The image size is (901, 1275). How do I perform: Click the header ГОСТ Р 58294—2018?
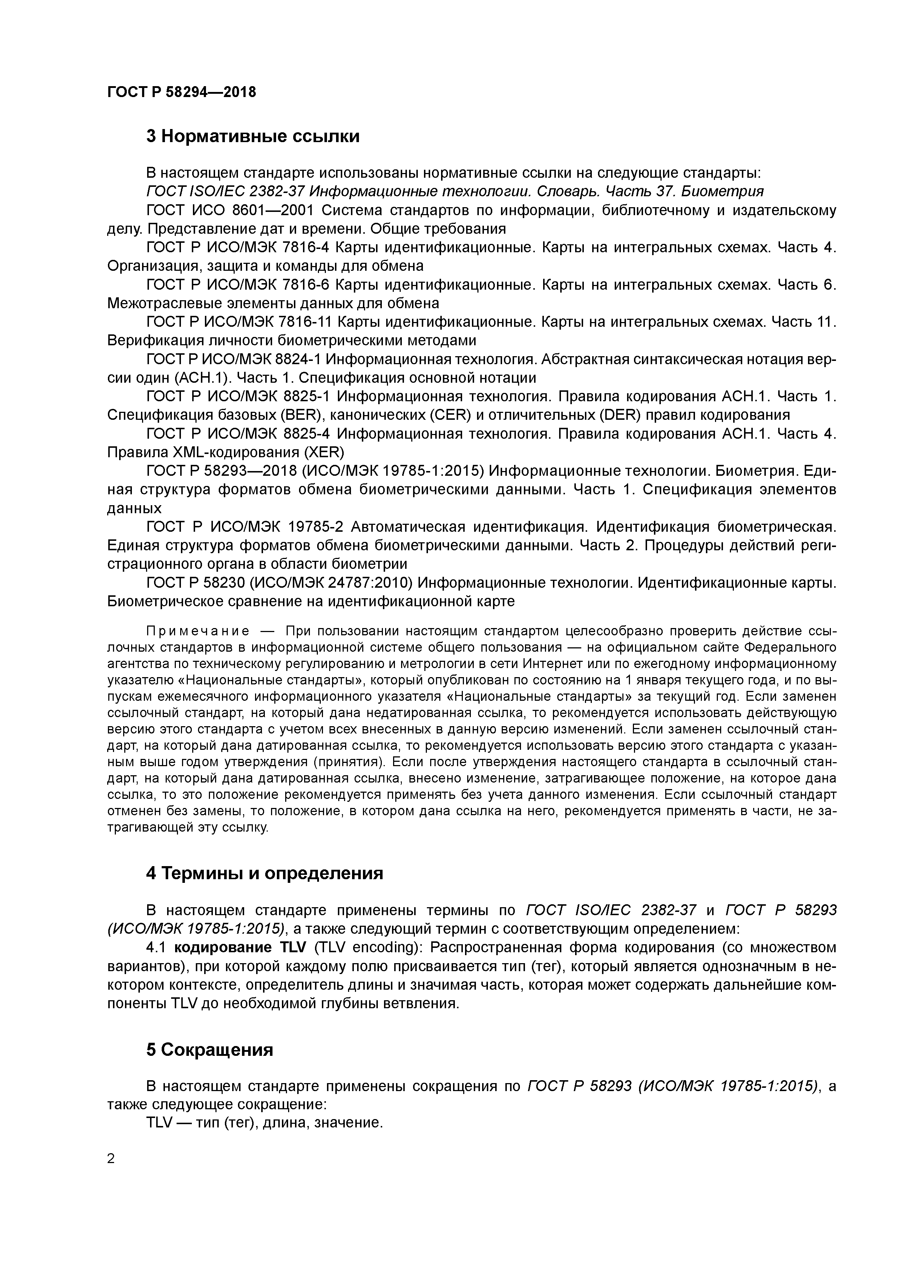182,92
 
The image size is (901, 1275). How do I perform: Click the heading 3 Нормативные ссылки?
252,136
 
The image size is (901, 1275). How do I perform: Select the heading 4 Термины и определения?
264,873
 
